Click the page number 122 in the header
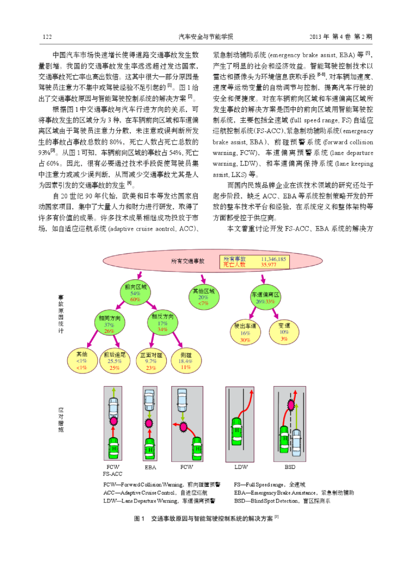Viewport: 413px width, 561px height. click(47, 37)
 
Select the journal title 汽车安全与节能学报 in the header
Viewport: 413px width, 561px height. click(206, 37)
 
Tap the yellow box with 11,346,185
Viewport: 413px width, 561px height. click(255, 262)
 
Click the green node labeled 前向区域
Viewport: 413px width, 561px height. click(135, 292)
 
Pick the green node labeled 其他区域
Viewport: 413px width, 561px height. click(204, 297)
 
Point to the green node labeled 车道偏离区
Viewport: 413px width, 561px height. click(265, 297)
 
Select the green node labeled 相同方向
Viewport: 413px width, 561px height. click(109, 323)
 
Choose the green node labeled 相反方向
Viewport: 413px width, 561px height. click(162, 323)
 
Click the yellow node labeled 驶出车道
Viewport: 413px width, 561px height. click(245, 332)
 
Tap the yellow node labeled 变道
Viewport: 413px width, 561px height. click(284, 332)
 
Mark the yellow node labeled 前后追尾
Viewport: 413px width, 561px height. click(115, 361)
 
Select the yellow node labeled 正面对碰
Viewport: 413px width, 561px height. click(151, 361)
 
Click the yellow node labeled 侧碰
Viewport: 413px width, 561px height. click(186, 360)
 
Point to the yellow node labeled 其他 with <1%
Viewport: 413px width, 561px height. click(82, 360)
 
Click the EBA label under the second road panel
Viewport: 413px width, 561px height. click(150, 467)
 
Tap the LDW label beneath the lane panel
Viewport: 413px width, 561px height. click(241, 467)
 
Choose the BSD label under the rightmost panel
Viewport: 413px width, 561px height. click(290, 467)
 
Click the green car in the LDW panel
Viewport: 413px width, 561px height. click(237, 432)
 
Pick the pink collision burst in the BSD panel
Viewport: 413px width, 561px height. click(291, 405)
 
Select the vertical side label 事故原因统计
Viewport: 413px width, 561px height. click(61, 314)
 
